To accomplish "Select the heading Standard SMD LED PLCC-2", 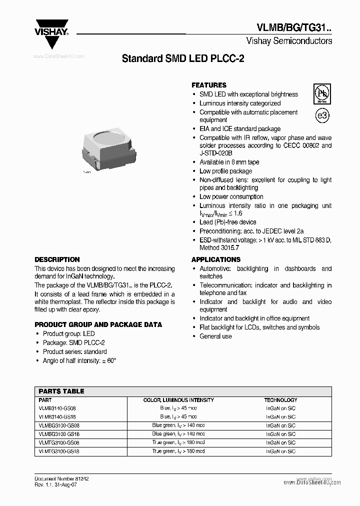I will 183,58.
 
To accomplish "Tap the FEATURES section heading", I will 209,85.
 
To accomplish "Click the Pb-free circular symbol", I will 321,93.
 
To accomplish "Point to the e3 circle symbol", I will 322,115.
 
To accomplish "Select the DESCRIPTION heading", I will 57,259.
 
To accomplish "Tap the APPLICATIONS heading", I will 216,259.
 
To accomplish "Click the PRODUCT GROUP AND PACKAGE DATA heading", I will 98,324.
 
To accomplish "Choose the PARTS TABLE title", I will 61,391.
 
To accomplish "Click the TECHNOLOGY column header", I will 280,400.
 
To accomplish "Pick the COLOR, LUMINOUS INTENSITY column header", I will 178,400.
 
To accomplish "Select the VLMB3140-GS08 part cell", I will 57,408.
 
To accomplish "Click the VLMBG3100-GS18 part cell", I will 59,434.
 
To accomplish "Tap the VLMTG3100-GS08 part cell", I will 59,442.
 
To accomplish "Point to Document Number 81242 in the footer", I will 61,478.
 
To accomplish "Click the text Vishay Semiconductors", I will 289,41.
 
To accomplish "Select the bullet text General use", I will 215,336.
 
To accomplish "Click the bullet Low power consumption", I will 231,196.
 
